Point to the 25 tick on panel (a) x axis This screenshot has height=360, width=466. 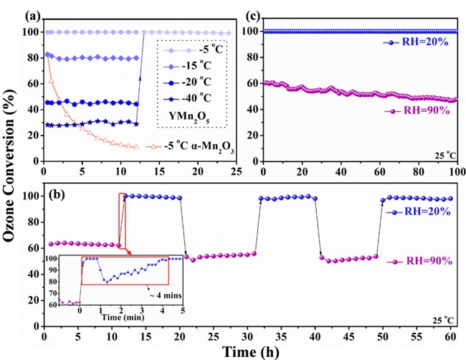click(234, 172)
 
